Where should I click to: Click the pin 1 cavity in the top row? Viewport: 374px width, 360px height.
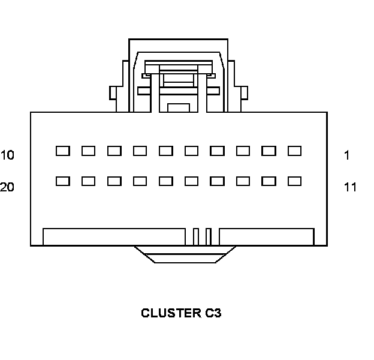294,151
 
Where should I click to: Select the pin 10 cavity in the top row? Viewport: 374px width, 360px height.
62,151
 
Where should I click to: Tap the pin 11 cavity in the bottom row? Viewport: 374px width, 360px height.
294,181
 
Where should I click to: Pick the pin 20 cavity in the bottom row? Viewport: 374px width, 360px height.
62,181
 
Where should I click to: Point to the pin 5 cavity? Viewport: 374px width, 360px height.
191,151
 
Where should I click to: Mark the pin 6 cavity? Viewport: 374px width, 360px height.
165,151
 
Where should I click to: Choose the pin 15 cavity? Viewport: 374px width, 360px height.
191,181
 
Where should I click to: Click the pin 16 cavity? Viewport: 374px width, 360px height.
165,181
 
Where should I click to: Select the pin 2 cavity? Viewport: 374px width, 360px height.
269,151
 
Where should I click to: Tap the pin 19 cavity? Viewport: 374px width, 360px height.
88,181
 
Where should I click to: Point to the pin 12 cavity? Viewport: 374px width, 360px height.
269,181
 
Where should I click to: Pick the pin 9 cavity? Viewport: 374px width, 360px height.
88,151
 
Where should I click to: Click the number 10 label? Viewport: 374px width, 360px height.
7,155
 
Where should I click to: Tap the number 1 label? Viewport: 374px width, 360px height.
347,155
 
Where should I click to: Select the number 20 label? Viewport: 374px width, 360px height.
7,187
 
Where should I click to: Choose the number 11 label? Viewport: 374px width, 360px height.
350,187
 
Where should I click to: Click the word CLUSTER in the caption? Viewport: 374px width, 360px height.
167,313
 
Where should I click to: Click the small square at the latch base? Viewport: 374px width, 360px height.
178,107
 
